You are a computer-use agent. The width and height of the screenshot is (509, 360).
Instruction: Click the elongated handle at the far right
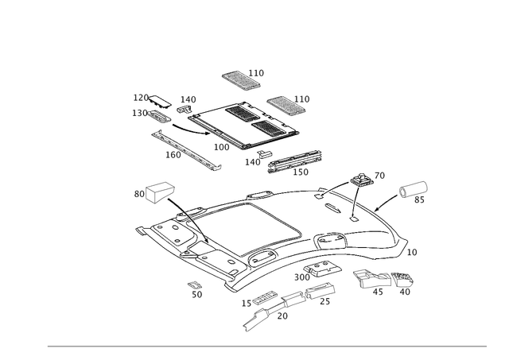click(x=413, y=189)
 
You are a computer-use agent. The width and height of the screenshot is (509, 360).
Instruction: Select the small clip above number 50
click(x=194, y=285)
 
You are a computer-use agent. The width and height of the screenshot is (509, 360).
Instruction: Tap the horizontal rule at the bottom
click(x=266, y=346)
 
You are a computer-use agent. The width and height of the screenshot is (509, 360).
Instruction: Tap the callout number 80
click(x=138, y=193)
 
